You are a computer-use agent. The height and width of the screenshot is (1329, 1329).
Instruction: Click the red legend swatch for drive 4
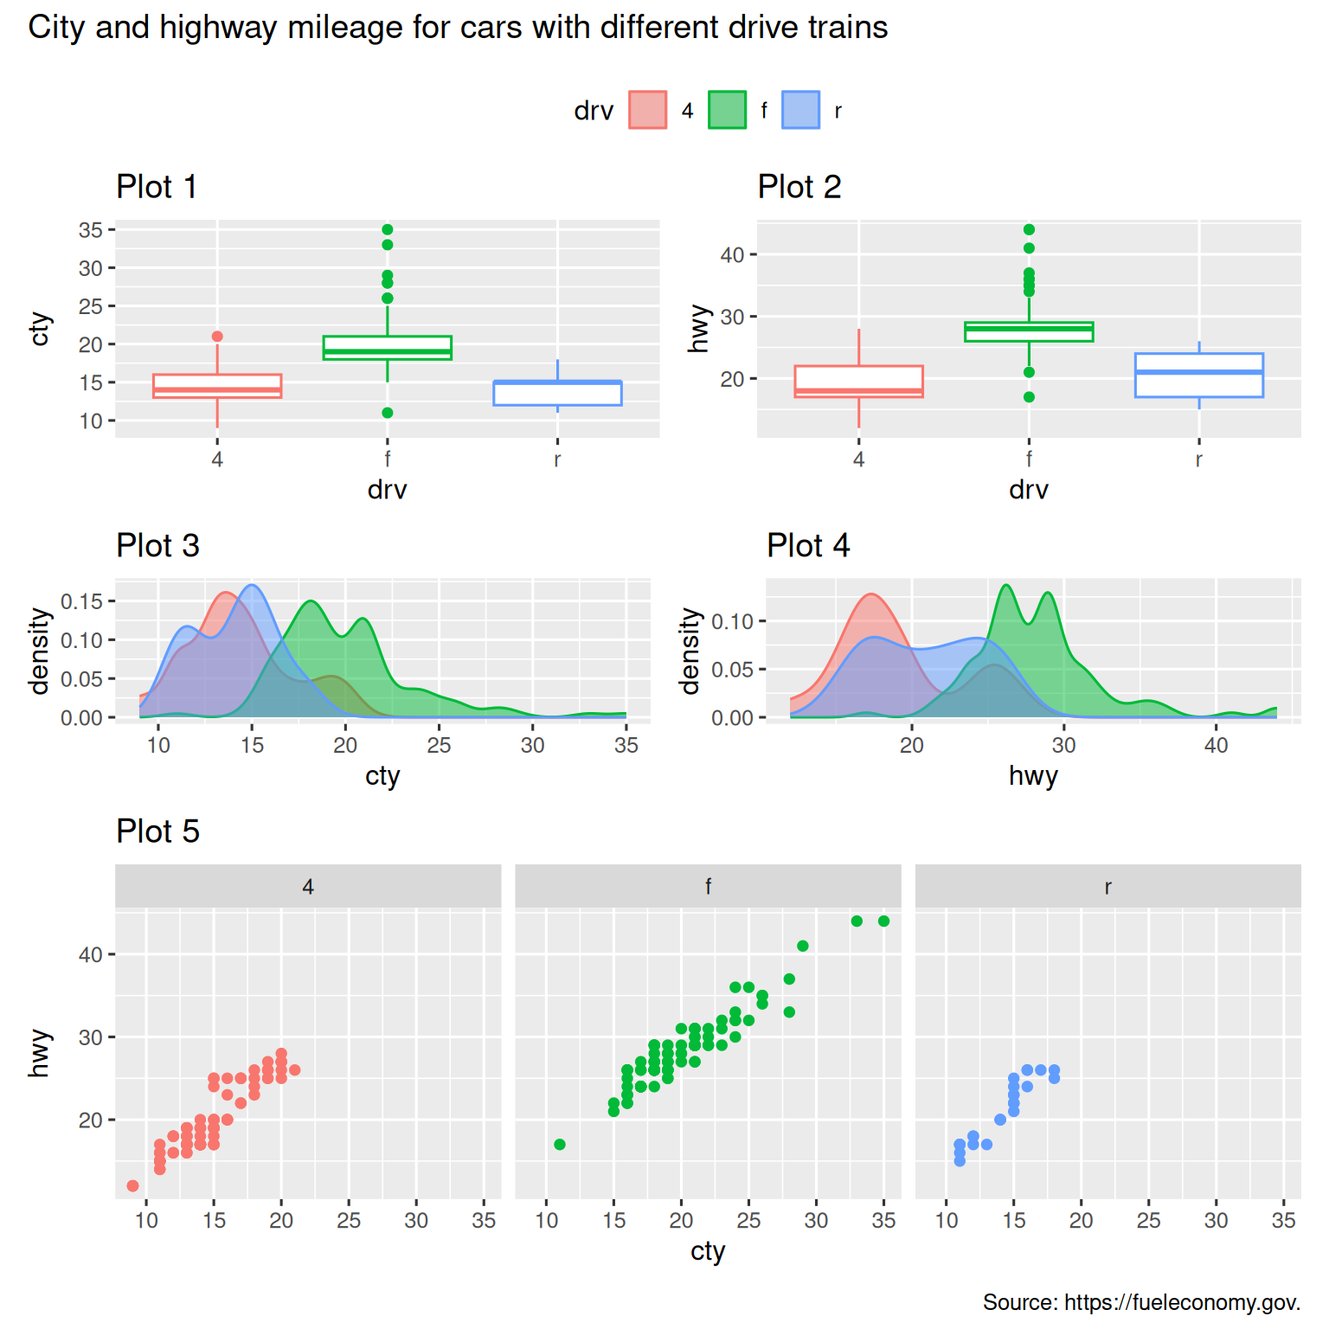[647, 110]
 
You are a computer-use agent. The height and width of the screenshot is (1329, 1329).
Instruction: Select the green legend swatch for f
[727, 110]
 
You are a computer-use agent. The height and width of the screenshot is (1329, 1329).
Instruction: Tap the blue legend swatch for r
[800, 110]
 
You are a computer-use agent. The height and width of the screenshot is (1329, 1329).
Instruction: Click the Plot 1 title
[157, 187]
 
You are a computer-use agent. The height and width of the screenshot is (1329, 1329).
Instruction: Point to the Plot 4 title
[807, 546]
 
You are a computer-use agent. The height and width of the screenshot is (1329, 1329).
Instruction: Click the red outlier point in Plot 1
[217, 337]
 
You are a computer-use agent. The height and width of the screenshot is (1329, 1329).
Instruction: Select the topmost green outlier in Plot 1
[388, 229]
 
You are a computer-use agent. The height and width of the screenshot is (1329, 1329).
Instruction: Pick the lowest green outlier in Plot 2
[1029, 397]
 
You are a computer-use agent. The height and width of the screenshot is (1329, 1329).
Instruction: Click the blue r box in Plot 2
[1198, 376]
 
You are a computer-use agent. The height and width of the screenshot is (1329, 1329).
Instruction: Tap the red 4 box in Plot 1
[217, 386]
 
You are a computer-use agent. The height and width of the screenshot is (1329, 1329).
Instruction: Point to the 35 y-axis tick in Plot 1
[90, 230]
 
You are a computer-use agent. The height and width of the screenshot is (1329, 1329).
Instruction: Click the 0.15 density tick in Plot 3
[81, 601]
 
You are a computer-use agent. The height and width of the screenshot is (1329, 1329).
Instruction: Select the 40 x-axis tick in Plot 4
[1216, 746]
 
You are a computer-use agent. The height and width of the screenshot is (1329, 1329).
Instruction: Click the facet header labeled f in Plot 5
[708, 886]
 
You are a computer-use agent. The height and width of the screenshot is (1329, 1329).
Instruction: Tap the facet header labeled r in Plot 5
[1107, 886]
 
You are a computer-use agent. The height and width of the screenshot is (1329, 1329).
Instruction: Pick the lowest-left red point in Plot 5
[132, 1185]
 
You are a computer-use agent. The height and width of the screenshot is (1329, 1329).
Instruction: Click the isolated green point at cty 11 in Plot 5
[560, 1145]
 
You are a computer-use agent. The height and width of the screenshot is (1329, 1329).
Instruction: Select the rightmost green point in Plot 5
[883, 921]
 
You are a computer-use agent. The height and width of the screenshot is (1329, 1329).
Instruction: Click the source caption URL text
[1182, 1302]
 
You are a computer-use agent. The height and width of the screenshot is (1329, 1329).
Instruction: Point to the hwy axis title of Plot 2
[698, 329]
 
